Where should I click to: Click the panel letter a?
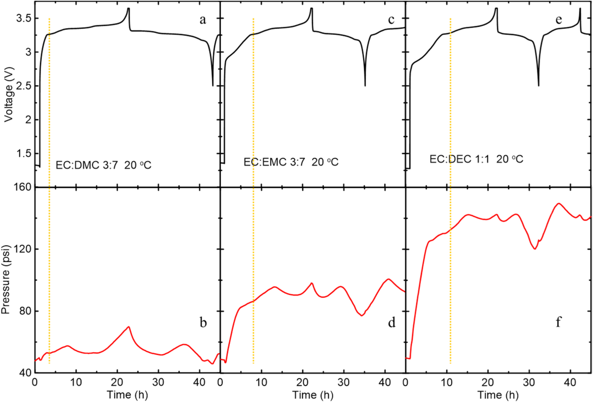pyautogui.click(x=203, y=20)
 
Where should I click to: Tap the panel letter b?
pyautogui.click(x=203, y=323)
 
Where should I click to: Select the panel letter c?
pyautogui.click(x=391, y=20)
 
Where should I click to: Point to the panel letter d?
pyautogui.click(x=392, y=323)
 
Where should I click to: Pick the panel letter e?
pyautogui.click(x=559, y=20)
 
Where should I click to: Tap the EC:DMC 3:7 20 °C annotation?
pyautogui.click(x=104, y=165)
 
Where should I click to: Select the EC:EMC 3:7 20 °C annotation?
pyautogui.click(x=291, y=162)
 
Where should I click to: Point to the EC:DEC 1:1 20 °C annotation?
pyautogui.click(x=476, y=159)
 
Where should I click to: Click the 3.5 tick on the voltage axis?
pyautogui.click(x=23, y=18)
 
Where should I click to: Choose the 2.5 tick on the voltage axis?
pyautogui.click(x=23, y=86)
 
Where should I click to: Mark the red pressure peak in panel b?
pyautogui.click(x=129, y=327)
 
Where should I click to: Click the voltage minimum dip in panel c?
pyautogui.click(x=365, y=85)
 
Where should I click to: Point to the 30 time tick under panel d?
pyautogui.click(x=344, y=382)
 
